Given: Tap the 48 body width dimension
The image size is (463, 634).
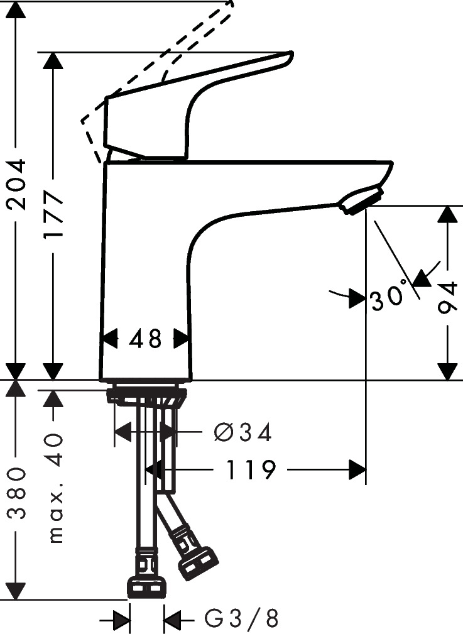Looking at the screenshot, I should (145, 339).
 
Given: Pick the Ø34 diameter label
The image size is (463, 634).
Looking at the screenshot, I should (242, 432).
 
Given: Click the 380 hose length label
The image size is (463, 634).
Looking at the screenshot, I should (17, 493).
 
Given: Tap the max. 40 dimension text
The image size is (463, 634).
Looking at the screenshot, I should (56, 488).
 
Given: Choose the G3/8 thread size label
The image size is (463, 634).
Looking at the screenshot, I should (241, 620).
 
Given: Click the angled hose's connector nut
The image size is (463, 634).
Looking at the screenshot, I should (197, 562).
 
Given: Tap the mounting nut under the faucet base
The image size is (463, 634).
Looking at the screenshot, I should (146, 396).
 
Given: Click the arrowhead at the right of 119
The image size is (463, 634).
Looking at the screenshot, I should (357, 469).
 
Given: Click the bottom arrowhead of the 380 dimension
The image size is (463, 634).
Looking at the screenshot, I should (17, 591).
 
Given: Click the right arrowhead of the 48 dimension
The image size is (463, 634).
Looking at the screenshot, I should (182, 339).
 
